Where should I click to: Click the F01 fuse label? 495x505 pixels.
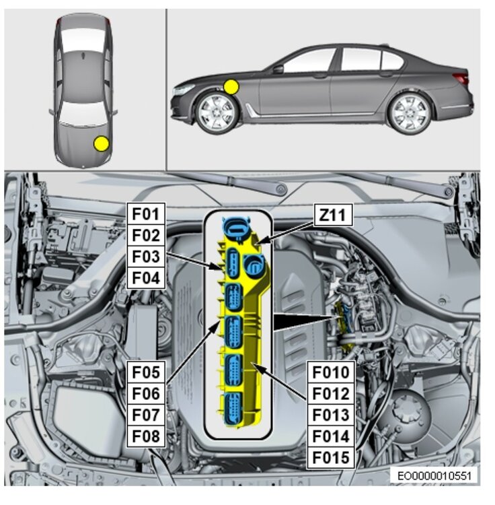click(x=146, y=213)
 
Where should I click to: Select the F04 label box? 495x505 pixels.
click(x=146, y=277)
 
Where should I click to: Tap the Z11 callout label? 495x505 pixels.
click(x=333, y=215)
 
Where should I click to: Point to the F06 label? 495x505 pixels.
click(x=146, y=394)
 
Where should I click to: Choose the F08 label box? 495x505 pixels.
click(x=146, y=436)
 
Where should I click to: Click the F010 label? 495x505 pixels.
click(x=331, y=372)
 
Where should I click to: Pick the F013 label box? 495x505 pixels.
click(x=331, y=415)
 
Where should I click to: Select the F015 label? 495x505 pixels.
click(x=331, y=458)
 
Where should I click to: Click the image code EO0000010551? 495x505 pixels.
click(x=434, y=476)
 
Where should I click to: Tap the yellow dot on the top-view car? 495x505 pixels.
click(x=102, y=143)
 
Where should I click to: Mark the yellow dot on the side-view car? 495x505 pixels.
click(x=231, y=87)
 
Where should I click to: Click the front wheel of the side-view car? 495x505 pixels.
click(x=217, y=112)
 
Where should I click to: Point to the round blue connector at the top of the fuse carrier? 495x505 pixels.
click(x=237, y=228)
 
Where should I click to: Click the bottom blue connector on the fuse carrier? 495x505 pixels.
click(x=233, y=409)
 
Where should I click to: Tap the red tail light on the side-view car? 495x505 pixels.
click(x=461, y=78)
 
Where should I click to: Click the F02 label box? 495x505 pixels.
click(x=146, y=235)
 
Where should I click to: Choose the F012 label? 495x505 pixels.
click(x=331, y=394)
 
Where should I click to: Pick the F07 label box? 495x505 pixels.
click(x=146, y=415)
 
